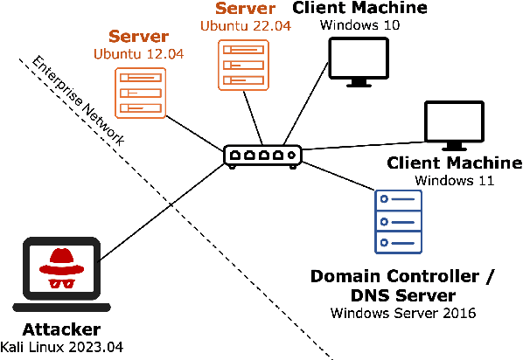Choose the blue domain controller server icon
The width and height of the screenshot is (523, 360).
point(393,223)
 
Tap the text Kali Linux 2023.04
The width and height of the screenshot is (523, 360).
point(61,347)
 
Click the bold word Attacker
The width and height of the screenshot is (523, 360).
point(61,330)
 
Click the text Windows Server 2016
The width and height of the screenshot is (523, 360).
point(403,312)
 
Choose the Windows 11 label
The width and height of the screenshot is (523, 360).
point(455,181)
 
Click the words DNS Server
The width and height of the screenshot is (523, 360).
point(403,294)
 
